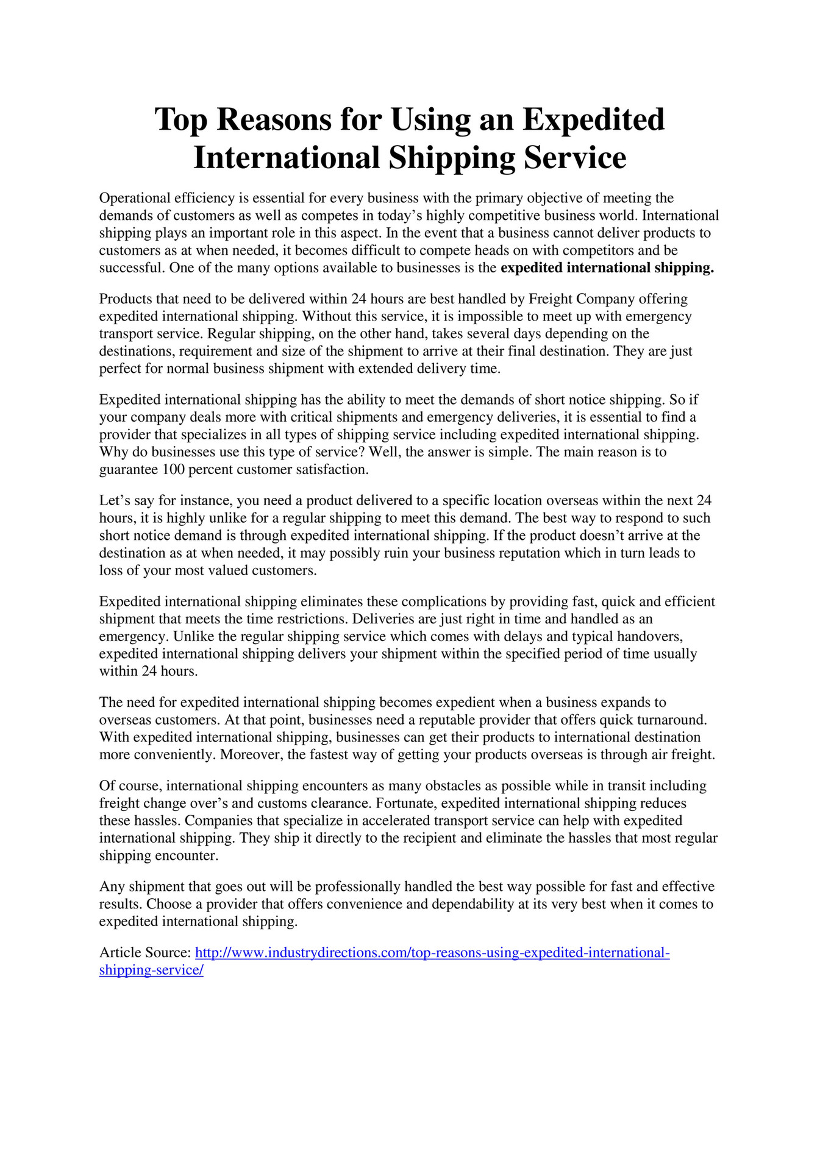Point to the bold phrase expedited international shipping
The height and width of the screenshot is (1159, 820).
point(607,268)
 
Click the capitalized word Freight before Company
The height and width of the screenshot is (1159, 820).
point(551,299)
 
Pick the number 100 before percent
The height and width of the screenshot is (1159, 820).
point(174,470)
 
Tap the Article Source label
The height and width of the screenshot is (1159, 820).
point(145,953)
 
